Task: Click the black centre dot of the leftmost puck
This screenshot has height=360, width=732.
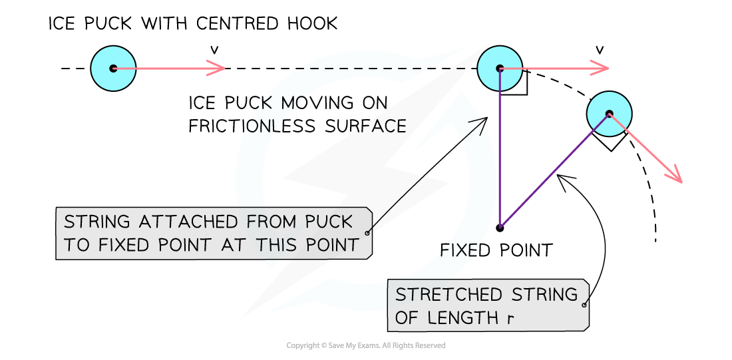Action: [x=113, y=68]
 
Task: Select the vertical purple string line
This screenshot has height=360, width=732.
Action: [x=499, y=153]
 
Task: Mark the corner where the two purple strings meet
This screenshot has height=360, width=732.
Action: [x=500, y=228]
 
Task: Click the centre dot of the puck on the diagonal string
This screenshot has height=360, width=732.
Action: [x=609, y=114]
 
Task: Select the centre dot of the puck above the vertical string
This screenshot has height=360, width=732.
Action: [x=500, y=68]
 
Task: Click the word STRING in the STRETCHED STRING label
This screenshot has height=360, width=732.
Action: [x=544, y=294]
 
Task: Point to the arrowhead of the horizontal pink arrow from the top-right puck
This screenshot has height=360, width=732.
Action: [x=602, y=68]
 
